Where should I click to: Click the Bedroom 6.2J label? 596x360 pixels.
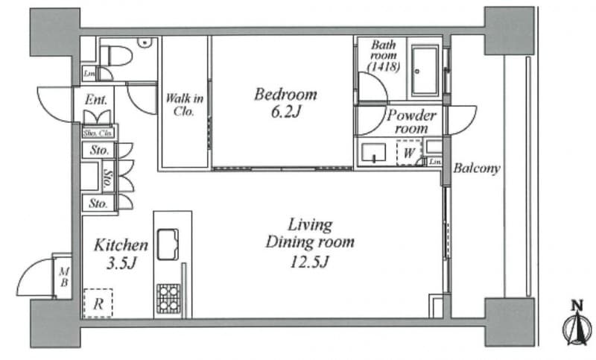pos(285,103)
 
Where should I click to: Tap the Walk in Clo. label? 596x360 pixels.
pos(184,104)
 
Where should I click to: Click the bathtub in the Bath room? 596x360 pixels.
pos(425,71)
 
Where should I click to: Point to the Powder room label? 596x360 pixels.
pos(411,121)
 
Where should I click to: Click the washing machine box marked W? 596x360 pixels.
pos(409,153)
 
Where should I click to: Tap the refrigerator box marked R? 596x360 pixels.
pos(98,303)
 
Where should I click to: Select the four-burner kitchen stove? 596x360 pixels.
pos(168,298)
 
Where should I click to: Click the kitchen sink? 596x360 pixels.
pos(168,244)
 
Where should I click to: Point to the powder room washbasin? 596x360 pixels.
pos(373,153)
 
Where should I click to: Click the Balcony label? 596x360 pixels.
pos(477,168)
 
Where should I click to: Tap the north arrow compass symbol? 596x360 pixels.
pos(577,323)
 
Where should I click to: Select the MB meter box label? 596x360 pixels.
pos(64,277)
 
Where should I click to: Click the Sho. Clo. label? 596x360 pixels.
pos(98,133)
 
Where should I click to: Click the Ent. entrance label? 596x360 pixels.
pos(96,100)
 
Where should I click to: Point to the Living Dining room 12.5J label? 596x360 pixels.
pos(310,242)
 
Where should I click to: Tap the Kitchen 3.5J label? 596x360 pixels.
pos(121,253)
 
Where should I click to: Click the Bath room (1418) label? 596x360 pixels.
pos(384,56)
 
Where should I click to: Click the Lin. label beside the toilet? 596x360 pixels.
pos(89,74)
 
